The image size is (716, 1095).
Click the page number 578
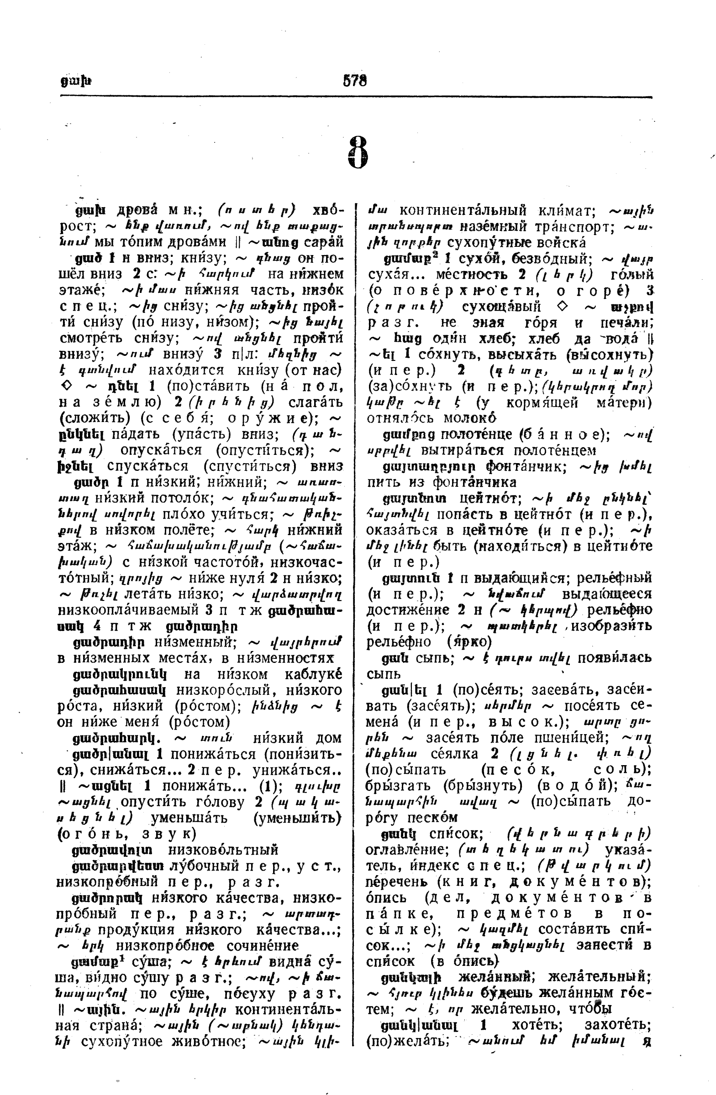(355, 81)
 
